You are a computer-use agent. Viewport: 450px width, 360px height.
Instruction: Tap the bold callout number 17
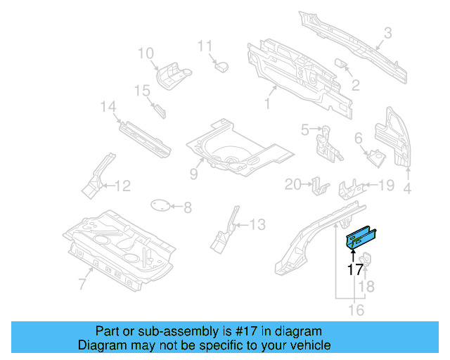[x=354, y=269]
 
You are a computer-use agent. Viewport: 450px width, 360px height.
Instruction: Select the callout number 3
[x=387, y=32]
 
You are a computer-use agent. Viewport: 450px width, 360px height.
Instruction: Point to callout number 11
[x=205, y=46]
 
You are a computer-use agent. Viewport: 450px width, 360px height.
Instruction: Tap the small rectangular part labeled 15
[x=159, y=110]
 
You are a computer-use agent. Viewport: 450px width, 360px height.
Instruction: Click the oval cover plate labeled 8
[x=161, y=206]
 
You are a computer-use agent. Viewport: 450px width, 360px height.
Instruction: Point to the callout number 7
[x=82, y=284]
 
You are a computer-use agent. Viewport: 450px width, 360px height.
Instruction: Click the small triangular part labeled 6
[x=374, y=155]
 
